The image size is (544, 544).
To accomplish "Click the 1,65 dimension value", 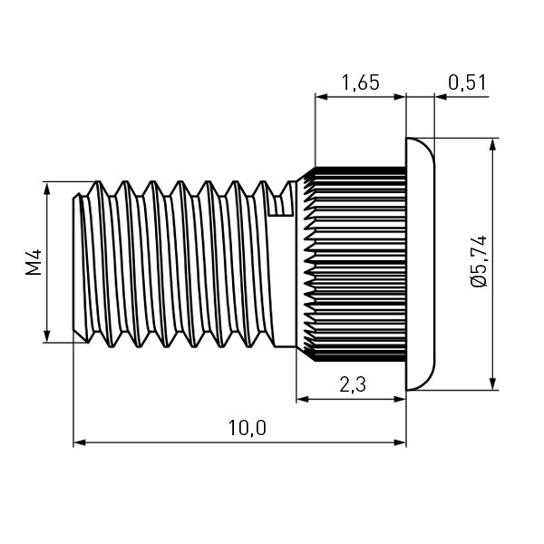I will click(359, 83).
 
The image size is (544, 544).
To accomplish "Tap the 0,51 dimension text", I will click(468, 83).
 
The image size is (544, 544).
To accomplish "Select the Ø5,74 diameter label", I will click(480, 263).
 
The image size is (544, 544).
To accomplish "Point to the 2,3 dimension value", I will click(353, 384).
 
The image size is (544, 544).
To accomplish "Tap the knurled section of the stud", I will click(354, 263).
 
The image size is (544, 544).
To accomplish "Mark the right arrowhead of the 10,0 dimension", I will click(401, 442).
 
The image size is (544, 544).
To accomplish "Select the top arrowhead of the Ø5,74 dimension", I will click(492, 144).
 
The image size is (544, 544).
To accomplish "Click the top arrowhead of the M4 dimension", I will click(46, 188).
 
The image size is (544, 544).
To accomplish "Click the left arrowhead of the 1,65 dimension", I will click(320, 95).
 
